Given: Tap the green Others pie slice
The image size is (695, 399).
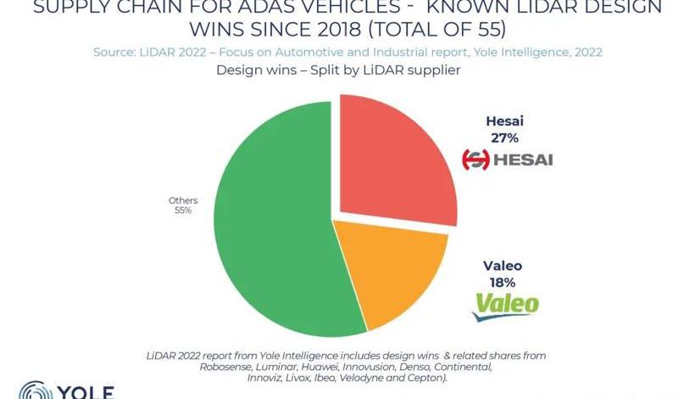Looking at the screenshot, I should pos(271,221).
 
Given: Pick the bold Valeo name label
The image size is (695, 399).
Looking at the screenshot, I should pos(503,266).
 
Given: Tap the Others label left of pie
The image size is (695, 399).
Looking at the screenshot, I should pos(182,200).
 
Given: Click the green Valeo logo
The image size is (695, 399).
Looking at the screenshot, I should pos(505,306).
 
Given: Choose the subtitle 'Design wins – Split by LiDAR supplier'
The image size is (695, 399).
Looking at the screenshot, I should pos(338,70).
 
